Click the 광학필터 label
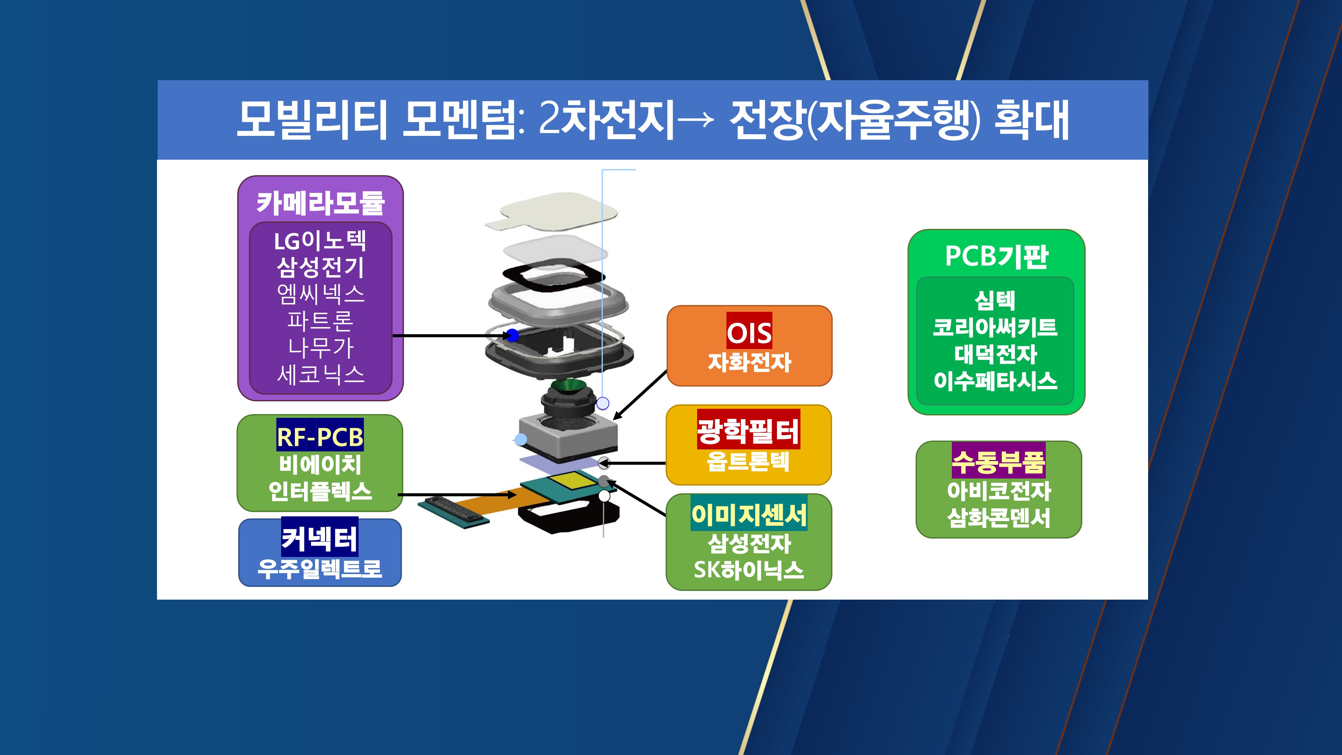749,431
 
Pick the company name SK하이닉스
749,570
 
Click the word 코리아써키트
995,327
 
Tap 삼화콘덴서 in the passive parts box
998,517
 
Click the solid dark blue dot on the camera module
513,335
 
